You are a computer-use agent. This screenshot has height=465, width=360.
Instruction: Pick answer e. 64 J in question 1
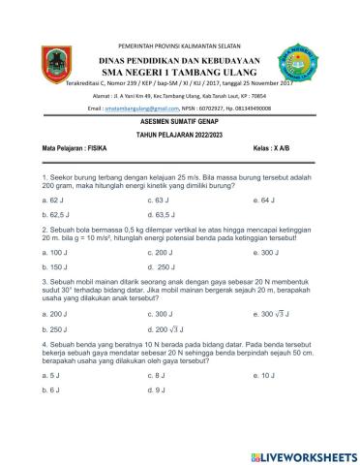pos(263,199)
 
